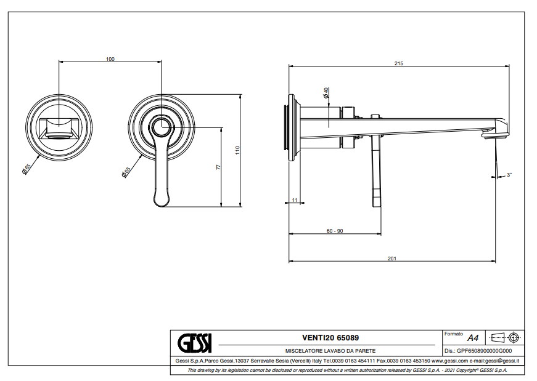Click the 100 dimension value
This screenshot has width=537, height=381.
pyautogui.click(x=110, y=59)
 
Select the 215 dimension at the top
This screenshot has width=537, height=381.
pyautogui.click(x=399, y=64)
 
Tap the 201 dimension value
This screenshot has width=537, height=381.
pyautogui.click(x=391, y=259)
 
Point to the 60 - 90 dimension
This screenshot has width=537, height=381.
pyautogui.click(x=335, y=231)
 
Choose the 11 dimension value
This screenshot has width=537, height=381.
pyautogui.click(x=294, y=200)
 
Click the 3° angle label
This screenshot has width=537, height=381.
pyautogui.click(x=509, y=175)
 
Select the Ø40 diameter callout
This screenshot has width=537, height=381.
pyautogui.click(x=326, y=93)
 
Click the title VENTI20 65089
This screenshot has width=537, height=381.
pyautogui.click(x=330, y=338)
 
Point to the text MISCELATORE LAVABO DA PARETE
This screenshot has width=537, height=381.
pyautogui.click(x=330, y=350)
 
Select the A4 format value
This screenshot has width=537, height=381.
pyautogui.click(x=473, y=338)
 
